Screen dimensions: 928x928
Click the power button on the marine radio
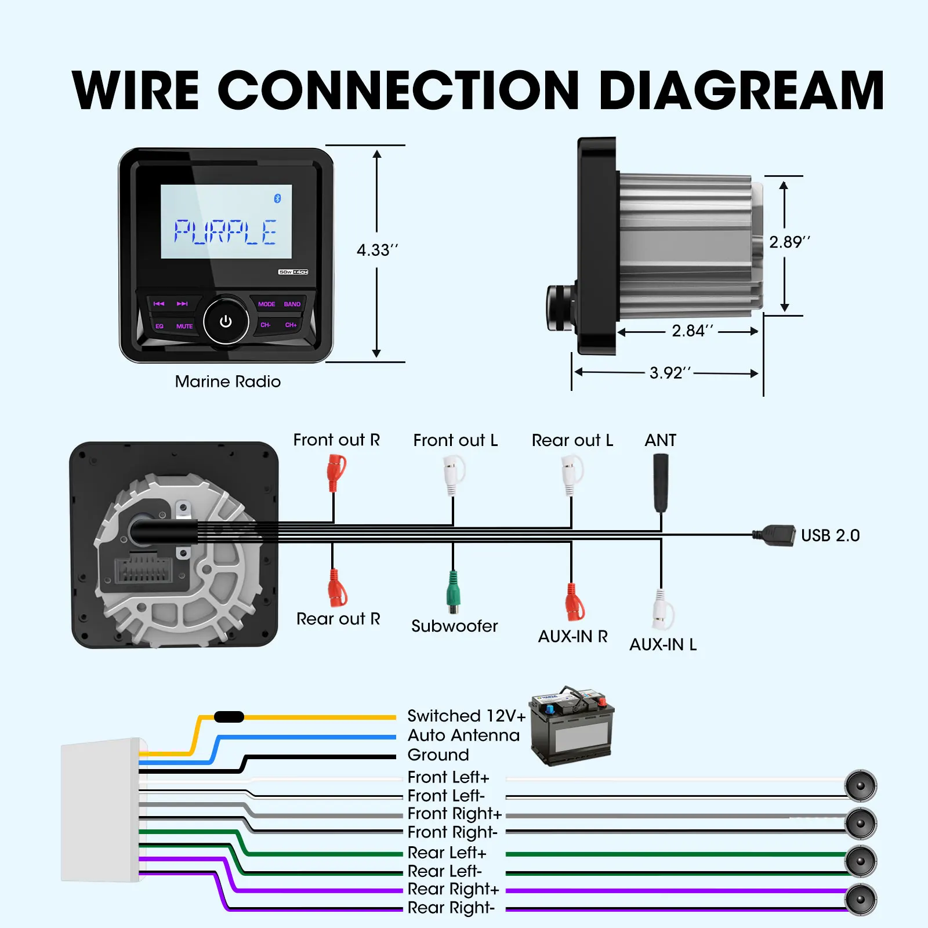pos(226,321)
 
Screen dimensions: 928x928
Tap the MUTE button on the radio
pos(184,327)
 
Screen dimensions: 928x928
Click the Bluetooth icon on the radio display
pos(277,198)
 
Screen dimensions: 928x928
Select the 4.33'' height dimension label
pos(378,250)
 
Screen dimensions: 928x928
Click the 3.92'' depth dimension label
pos(670,372)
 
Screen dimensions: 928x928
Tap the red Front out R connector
pos(336,473)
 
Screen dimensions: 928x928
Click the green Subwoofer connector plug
pos(454,592)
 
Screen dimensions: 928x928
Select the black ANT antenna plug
pos(661,483)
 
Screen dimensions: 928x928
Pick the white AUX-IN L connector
pos(663,610)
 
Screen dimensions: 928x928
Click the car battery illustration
pos(572,725)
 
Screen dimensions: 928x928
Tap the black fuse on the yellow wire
pos(229,717)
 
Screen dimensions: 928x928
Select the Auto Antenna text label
pos(463,735)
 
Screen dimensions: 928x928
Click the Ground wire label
pos(438,755)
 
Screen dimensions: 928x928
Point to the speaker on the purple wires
pos(861,900)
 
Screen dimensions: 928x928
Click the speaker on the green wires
pos(861,861)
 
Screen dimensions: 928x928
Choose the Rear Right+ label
pos(453,889)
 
